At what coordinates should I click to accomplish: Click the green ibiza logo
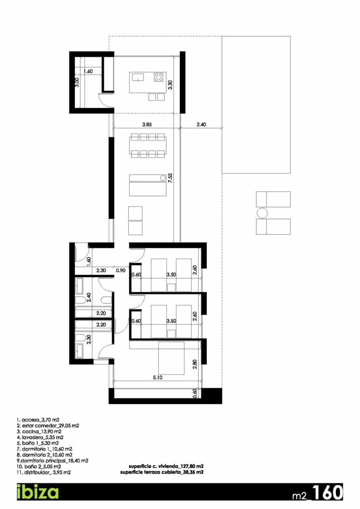click(37, 492)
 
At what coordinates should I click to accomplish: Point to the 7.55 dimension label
click(171, 176)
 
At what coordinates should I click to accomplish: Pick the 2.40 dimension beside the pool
click(202, 125)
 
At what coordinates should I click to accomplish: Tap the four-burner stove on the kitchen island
click(159, 77)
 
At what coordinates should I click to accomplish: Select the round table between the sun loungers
click(262, 213)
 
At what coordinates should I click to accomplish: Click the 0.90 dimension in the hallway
click(121, 270)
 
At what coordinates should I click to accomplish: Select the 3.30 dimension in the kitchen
click(170, 84)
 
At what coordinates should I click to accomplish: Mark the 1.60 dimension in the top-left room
click(88, 71)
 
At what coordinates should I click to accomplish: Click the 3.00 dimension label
click(77, 82)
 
